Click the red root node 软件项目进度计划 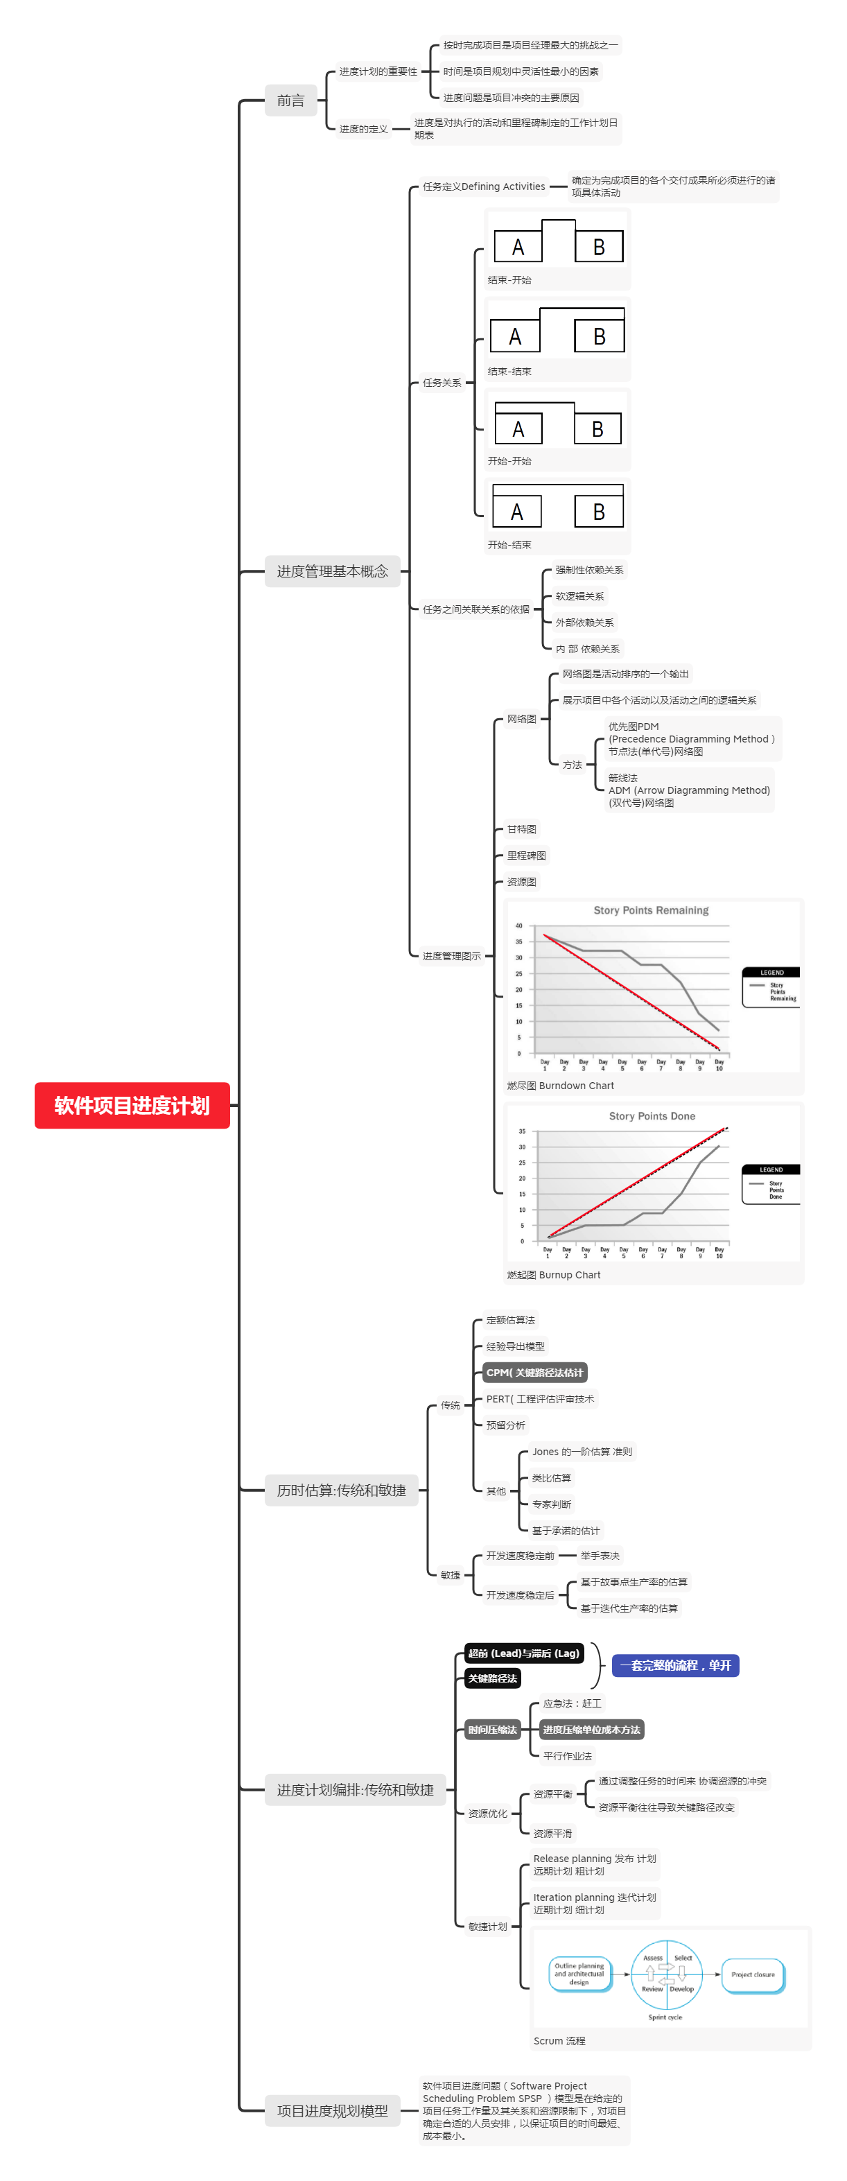coord(132,1105)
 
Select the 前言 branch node coord(290,101)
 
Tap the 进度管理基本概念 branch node coord(332,571)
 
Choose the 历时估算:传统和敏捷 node coord(341,1490)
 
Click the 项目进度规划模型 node coord(332,2111)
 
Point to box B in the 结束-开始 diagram coord(598,247)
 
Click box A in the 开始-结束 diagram coord(517,512)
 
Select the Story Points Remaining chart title coord(651,910)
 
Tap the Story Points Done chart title coord(652,1116)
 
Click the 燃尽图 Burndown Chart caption coord(560,1086)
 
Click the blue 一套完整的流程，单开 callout coord(674,1665)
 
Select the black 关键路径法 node coord(491,1678)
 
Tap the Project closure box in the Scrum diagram coord(752,1974)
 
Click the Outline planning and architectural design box coord(579,1974)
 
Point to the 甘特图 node coord(521,829)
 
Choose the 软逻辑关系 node coord(579,596)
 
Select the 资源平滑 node coord(552,1833)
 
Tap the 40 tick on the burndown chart coord(518,926)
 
